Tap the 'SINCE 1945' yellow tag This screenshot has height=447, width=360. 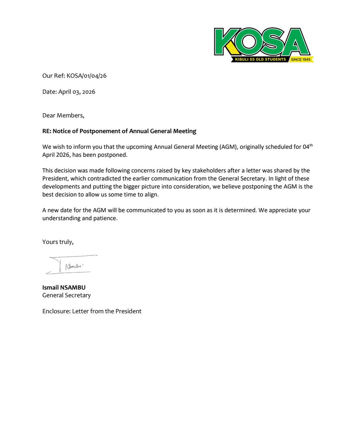[301, 60]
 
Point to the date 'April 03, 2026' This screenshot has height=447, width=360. [77, 92]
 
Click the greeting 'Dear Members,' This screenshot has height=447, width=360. [63, 115]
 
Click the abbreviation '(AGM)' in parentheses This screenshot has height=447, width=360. [225, 147]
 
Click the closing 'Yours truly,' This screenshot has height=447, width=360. [58, 242]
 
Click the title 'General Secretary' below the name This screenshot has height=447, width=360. [66, 295]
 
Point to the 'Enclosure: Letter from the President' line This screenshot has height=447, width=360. [92, 311]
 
